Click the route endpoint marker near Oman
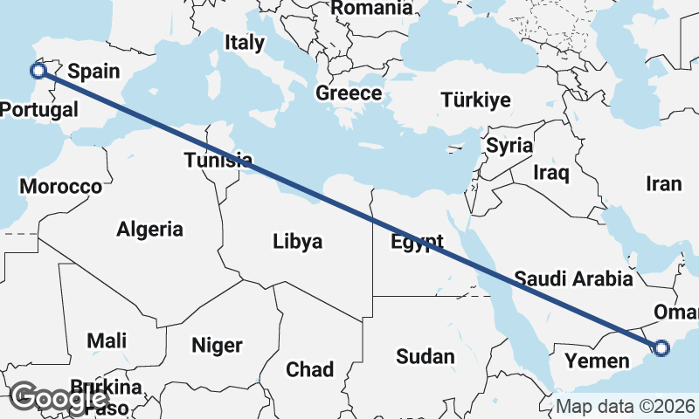pyautogui.click(x=661, y=348)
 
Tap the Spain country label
pyautogui.click(x=93, y=72)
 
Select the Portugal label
pyautogui.click(x=38, y=110)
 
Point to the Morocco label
pyautogui.click(x=61, y=186)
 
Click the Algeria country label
pyautogui.click(x=150, y=230)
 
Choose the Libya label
pyautogui.click(x=297, y=241)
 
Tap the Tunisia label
pyautogui.click(x=218, y=160)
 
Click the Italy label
pyautogui.click(x=244, y=42)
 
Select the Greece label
pyautogui.click(x=349, y=93)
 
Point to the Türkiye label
pyautogui.click(x=475, y=100)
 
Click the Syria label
pyautogui.click(x=509, y=146)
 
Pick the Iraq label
pyautogui.click(x=551, y=173)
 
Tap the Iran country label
pyautogui.click(x=663, y=184)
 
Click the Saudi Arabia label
pyautogui.click(x=573, y=279)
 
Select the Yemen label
pyautogui.click(x=597, y=361)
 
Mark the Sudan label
pyautogui.click(x=426, y=356)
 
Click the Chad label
pyautogui.click(x=309, y=369)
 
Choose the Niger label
pyautogui.click(x=217, y=346)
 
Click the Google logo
pyautogui.click(x=59, y=397)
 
